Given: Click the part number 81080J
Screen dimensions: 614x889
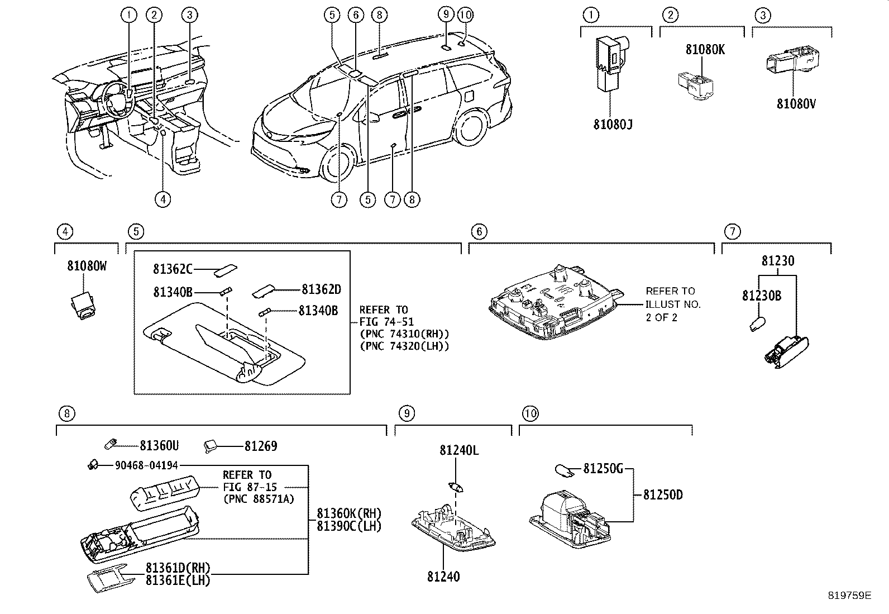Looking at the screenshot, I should tap(613, 123).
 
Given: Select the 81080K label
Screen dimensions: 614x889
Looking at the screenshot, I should tap(705, 49).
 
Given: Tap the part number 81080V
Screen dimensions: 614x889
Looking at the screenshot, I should tap(796, 103).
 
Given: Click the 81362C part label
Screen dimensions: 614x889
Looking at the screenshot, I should tap(173, 269).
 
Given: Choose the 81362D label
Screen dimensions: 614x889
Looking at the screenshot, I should tap(321, 289).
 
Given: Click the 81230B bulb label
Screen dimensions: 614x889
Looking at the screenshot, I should tap(761, 296).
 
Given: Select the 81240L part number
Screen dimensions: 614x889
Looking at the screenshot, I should tap(458, 450).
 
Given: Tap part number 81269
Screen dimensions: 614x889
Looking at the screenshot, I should tap(260, 446).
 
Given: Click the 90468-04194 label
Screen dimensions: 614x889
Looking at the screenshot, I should tap(147, 465).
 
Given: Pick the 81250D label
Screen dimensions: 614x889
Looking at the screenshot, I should tap(662, 494).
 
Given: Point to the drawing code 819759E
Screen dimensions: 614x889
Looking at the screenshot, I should tap(849, 596).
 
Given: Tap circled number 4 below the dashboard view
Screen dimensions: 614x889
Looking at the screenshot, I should tap(162, 199).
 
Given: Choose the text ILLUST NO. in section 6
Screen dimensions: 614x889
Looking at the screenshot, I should tap(673, 304).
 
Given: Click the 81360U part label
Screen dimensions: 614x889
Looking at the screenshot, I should tap(159, 445).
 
